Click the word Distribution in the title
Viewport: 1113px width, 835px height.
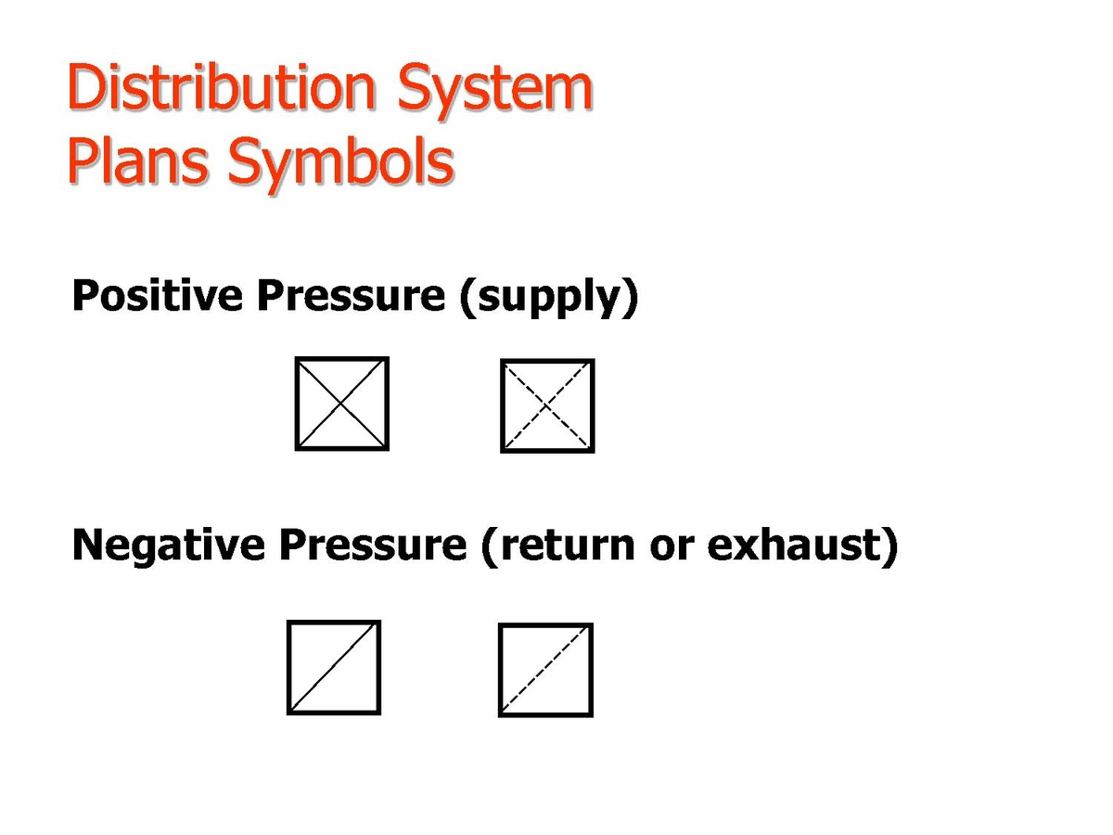[x=222, y=86]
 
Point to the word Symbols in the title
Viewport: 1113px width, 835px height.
[x=340, y=165]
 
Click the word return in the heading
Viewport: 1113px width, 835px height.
[x=567, y=546]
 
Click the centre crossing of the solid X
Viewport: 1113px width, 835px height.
[x=341, y=404]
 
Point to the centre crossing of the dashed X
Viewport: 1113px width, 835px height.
[x=547, y=405]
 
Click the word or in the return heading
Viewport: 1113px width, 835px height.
[x=672, y=548]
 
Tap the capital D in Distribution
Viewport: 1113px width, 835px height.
[x=87, y=86]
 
